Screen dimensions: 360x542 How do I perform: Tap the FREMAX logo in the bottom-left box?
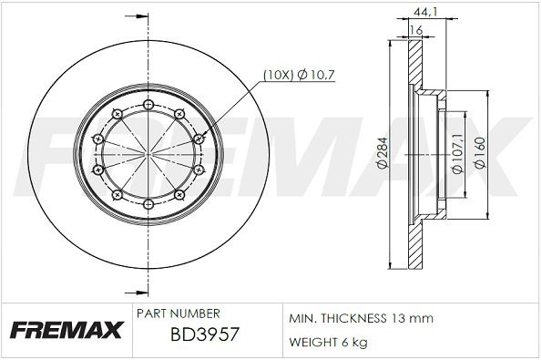pyautogui.click(x=66, y=330)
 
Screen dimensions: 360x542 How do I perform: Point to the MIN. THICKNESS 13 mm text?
pyautogui.click(x=362, y=318)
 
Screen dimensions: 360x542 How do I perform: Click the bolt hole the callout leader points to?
pyautogui.click(x=197, y=137)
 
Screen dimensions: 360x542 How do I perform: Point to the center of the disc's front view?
pyautogui.click(x=148, y=152)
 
